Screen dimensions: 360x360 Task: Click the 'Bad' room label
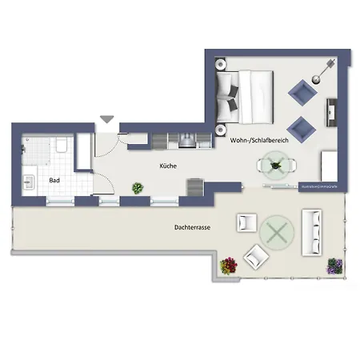(x=54, y=180)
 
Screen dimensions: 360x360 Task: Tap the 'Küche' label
(x=167, y=166)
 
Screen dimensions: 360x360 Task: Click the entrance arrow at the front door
(x=107, y=121)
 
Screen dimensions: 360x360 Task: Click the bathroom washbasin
(x=30, y=182)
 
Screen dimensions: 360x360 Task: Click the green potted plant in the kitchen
(x=138, y=189)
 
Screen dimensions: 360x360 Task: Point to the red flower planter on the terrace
(x=230, y=265)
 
